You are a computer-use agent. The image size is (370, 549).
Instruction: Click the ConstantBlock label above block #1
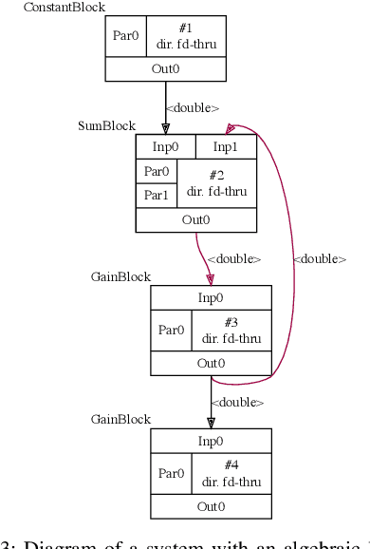pyautogui.click(x=65, y=8)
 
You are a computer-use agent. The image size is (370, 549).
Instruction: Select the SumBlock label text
pyautogui.click(x=106, y=126)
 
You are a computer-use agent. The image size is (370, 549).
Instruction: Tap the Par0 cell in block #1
pyautogui.click(x=125, y=36)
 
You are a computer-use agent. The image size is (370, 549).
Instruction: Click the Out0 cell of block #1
pyautogui.click(x=165, y=69)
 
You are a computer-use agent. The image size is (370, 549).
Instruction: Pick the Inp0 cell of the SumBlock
pyautogui.click(x=165, y=146)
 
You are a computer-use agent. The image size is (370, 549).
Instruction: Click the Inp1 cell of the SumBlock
pyautogui.click(x=226, y=146)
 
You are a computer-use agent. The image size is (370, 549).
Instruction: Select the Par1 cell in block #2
pyautogui.click(x=156, y=196)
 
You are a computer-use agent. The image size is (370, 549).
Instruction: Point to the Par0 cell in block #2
pyautogui.click(x=156, y=172)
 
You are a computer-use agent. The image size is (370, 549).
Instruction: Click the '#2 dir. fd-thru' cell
pyautogui.click(x=216, y=183)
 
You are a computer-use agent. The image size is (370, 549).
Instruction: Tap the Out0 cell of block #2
pyautogui.click(x=195, y=219)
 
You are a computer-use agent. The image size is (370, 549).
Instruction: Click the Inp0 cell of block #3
pyautogui.click(x=211, y=297)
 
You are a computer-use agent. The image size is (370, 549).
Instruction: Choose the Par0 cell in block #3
pyautogui.click(x=171, y=331)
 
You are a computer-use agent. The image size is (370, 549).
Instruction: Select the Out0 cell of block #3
pyautogui.click(x=211, y=363)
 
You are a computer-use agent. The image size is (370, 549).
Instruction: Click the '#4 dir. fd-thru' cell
pyautogui.click(x=231, y=473)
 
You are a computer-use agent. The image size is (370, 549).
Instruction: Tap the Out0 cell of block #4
pyautogui.click(x=211, y=506)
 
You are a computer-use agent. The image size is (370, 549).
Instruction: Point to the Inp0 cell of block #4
pyautogui.click(x=211, y=441)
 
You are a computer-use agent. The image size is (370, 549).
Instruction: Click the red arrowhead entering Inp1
pyautogui.click(x=231, y=128)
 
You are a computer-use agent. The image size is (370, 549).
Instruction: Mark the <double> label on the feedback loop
pyautogui.click(x=319, y=259)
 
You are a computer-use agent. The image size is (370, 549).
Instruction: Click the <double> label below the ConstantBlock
pyautogui.click(x=193, y=108)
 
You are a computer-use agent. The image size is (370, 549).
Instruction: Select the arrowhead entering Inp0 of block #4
pyautogui.click(x=211, y=423)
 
